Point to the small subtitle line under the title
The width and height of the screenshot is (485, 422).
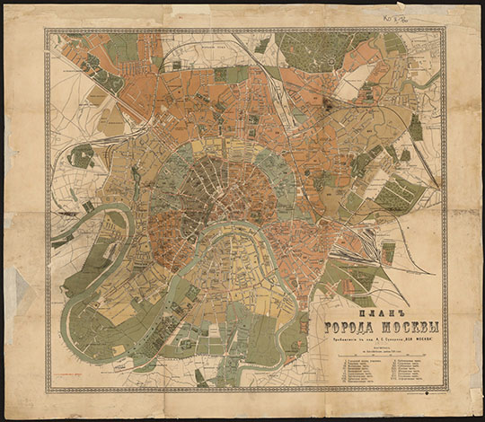(x=376, y=338)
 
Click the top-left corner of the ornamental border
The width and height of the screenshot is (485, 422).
(x=47, y=30)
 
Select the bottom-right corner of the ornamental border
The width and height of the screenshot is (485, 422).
(x=445, y=389)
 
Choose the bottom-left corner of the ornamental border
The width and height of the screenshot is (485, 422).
(x=48, y=389)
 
